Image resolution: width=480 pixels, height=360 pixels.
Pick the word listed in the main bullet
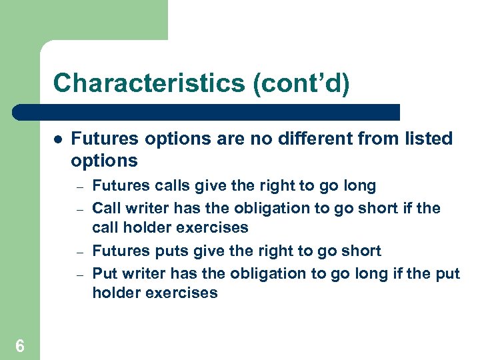(427, 139)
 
